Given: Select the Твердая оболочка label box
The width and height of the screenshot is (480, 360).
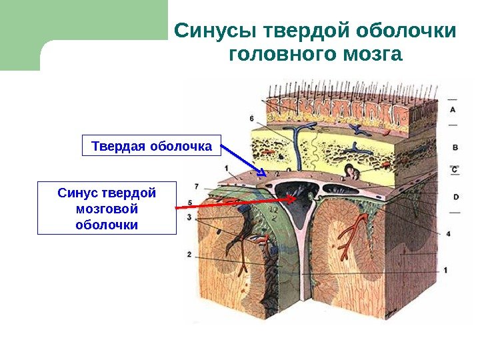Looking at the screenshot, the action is point(151,145).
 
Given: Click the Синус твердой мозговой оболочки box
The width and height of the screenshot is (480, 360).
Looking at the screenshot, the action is point(107,208).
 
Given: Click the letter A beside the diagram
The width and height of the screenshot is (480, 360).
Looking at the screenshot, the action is point(453,108).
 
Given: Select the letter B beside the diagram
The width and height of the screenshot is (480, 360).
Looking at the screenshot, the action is point(455,147).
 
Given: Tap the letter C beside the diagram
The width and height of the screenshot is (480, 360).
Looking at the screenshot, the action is point(455,171).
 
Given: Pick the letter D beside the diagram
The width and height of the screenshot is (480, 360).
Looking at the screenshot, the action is point(455,197).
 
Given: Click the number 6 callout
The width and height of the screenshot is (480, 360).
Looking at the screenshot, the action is point(252,119).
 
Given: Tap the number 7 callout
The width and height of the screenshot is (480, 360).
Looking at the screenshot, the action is point(196,186).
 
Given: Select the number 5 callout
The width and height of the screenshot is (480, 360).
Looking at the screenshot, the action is point(191,203).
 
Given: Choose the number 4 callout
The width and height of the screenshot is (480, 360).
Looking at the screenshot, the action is point(447,234).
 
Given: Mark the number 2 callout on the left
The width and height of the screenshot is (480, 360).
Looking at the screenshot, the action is point(189,254).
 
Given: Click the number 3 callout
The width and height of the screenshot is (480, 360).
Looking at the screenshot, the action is point(189,217).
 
